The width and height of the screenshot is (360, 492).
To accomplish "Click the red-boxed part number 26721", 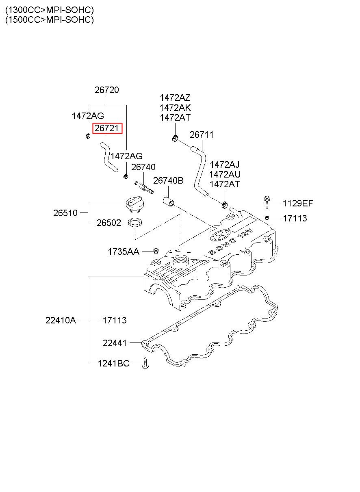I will [x=107, y=129].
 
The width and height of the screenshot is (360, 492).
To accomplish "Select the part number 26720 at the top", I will [x=107, y=90].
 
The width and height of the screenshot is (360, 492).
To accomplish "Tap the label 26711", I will [x=202, y=135].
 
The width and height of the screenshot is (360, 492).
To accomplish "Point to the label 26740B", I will [x=168, y=181].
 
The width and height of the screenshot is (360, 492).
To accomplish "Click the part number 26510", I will [x=65, y=213].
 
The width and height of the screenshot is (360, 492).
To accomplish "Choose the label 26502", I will [x=109, y=223].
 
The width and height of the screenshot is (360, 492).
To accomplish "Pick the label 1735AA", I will [x=123, y=252].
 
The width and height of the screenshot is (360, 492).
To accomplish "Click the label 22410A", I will [x=61, y=320].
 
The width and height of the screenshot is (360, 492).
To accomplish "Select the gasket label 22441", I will [x=115, y=343].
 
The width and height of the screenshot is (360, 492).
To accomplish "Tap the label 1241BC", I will [x=113, y=363].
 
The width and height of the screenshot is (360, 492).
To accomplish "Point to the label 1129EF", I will [x=298, y=204].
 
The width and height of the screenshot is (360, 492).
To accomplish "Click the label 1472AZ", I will [x=175, y=98].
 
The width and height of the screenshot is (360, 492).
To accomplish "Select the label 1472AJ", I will [x=225, y=165].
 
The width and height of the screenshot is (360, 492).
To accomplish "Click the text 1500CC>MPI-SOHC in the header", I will [x=49, y=20].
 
